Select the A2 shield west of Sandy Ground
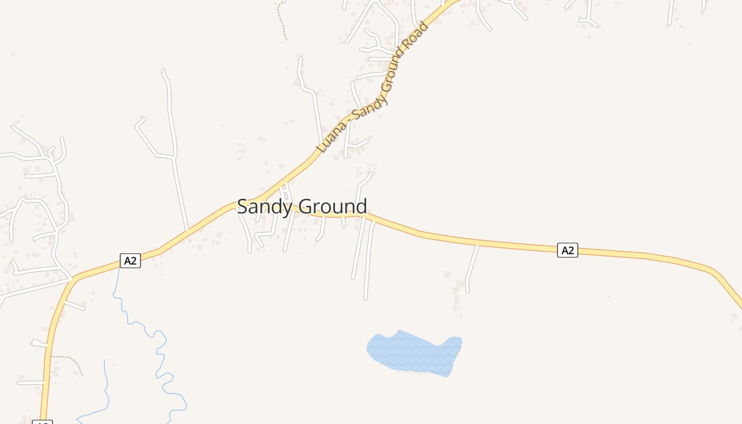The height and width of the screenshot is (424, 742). pyautogui.click(x=130, y=261)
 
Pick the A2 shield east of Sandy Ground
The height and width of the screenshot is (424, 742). pyautogui.click(x=567, y=250)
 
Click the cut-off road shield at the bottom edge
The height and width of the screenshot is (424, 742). pyautogui.click(x=42, y=422)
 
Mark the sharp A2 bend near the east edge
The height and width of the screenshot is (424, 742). pyautogui.click(x=715, y=273)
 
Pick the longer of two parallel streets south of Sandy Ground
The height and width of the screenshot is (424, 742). pyautogui.click(x=367, y=260)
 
